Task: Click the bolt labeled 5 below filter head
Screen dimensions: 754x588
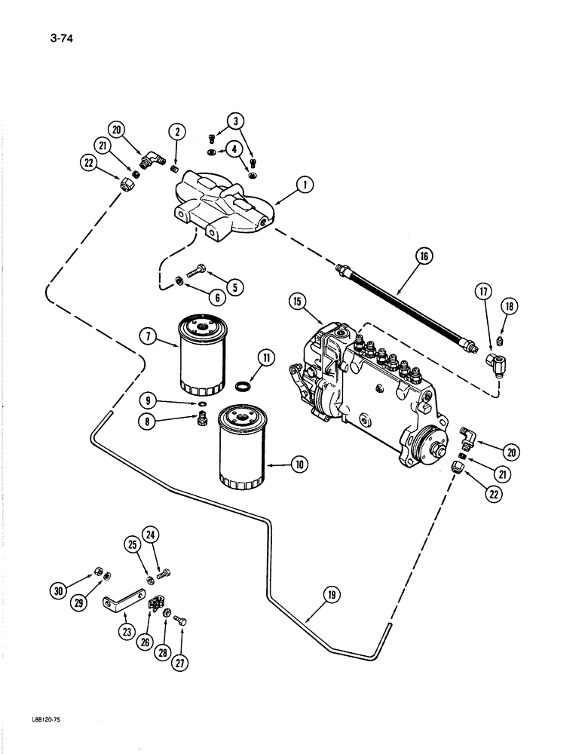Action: click(202, 268)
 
